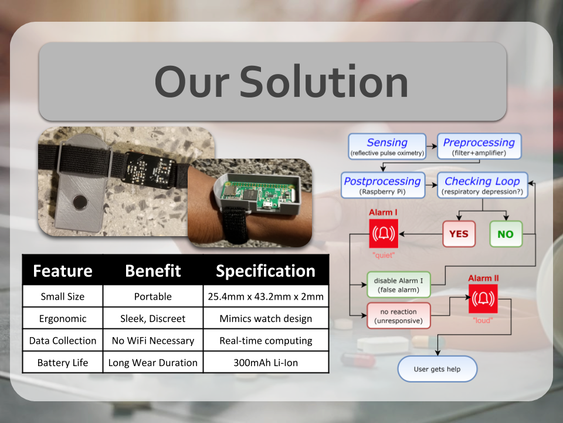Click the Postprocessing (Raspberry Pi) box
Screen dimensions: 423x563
pos(382,185)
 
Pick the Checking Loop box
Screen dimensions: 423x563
pos(482,185)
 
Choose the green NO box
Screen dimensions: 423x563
pos(505,234)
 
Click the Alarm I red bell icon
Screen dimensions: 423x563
pos(383,234)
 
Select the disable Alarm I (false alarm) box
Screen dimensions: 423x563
pos(398,284)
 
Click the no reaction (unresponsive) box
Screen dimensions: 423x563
pos(398,316)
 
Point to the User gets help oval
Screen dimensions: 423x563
pos(437,370)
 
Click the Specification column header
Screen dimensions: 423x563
pos(266,271)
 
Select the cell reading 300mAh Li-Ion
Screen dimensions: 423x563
pos(266,362)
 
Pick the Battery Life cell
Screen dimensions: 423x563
pos(62,362)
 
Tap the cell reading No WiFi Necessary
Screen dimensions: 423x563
pos(152,340)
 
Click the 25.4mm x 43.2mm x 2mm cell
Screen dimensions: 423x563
pos(266,296)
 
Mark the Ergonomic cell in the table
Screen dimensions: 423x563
pos(62,318)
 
